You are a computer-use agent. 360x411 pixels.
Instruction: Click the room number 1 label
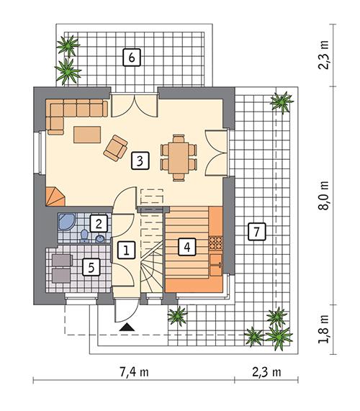coord(126,250)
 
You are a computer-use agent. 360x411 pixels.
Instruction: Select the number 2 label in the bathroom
coord(99,222)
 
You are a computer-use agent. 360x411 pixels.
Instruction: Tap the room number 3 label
coord(140,160)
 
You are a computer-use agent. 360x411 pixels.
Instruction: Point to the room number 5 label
coord(90,267)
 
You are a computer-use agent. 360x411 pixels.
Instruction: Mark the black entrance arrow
coord(127,328)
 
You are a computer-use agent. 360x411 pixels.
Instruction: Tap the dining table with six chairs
coord(178,155)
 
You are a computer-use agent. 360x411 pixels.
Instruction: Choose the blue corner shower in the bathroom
coord(66,222)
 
